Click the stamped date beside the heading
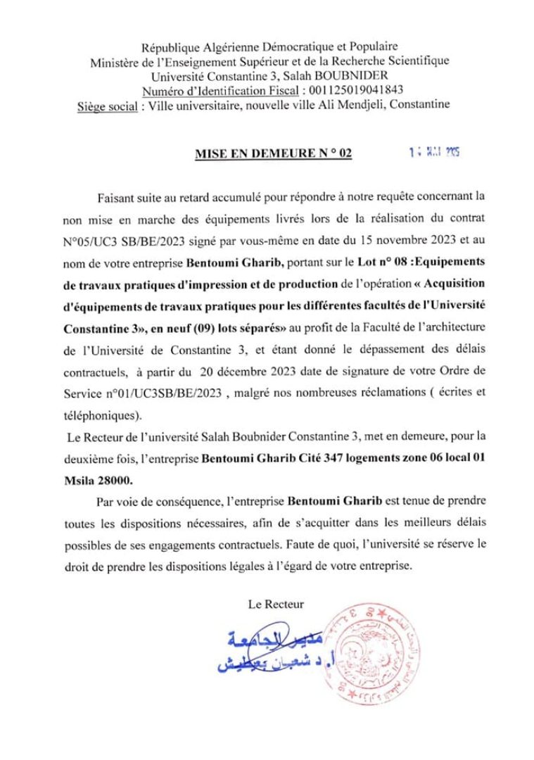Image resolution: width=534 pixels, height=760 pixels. (433, 152)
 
